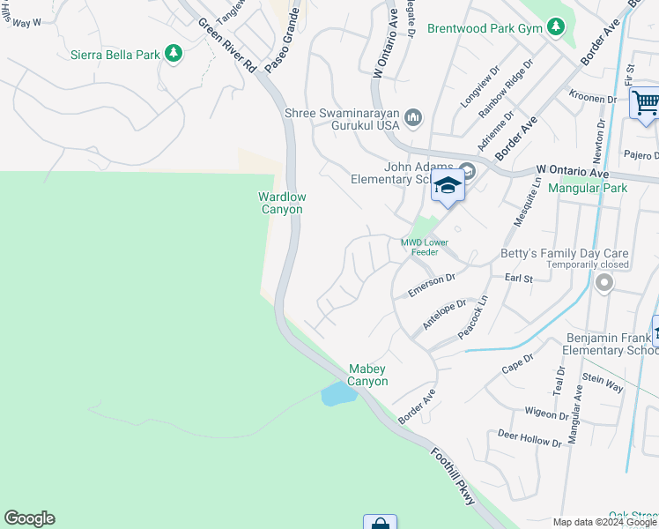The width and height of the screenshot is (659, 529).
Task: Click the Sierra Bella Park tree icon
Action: click(x=174, y=55)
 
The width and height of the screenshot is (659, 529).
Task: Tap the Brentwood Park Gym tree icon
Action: click(x=555, y=28)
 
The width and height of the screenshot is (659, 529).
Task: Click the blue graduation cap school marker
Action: click(x=448, y=187)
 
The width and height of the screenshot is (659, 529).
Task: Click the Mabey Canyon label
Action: click(x=367, y=375)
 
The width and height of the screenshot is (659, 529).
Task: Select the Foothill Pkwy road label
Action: click(x=454, y=476)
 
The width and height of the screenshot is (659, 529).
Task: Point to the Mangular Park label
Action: click(x=587, y=188)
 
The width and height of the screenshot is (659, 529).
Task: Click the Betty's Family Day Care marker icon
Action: click(x=603, y=283)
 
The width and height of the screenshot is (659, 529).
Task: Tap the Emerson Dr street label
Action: click(x=431, y=285)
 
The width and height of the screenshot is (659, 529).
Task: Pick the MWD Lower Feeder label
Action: click(x=426, y=246)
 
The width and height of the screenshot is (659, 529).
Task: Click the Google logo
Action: click(x=29, y=518)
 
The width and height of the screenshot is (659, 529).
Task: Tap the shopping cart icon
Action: click(x=645, y=104)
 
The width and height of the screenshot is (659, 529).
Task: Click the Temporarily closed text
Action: click(x=588, y=264)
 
